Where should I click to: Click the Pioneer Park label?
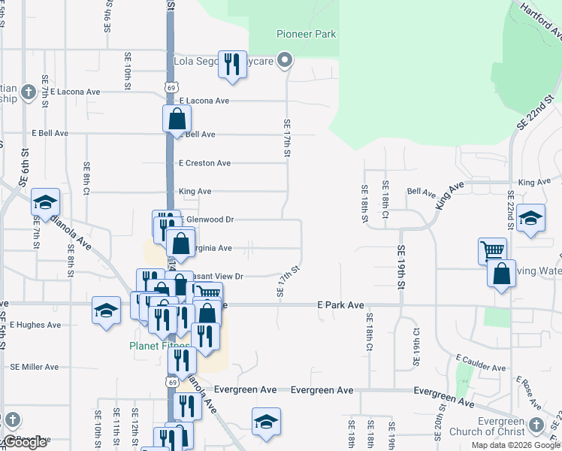tap(306, 34)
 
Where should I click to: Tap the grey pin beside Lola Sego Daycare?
tap(285, 60)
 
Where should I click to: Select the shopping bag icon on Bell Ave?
tap(177, 118)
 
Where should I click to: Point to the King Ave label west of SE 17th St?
tap(195, 192)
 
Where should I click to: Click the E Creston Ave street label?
tap(204, 163)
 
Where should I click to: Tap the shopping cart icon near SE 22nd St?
tap(492, 250)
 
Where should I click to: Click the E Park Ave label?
tap(340, 306)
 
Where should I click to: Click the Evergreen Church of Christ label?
tap(487, 426)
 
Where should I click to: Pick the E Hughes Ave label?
tap(35, 325)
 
